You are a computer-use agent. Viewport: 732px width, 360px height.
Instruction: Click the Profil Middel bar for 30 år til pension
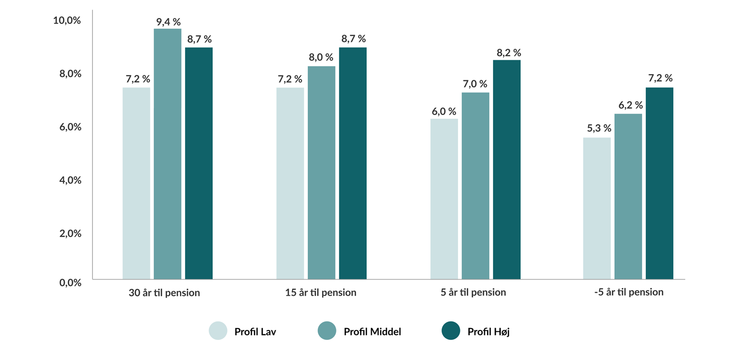pyautogui.click(x=167, y=154)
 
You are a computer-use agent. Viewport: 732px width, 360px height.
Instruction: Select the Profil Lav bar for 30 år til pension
pyautogui.click(x=136, y=183)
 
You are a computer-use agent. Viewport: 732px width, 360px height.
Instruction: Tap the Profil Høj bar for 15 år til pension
pyautogui.click(x=353, y=163)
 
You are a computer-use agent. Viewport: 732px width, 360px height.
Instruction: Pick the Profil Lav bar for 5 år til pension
pyautogui.click(x=444, y=199)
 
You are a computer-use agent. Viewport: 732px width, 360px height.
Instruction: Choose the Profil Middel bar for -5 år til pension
pyautogui.click(x=628, y=196)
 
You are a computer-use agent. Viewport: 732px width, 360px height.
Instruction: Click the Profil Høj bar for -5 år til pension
pyautogui.click(x=659, y=183)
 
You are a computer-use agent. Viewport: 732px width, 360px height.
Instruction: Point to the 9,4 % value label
pyautogui.click(x=168, y=21)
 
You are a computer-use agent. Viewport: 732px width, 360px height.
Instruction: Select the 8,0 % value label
pyautogui.click(x=321, y=57)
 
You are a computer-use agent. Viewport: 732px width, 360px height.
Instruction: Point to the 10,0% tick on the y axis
pyautogui.click(x=67, y=21)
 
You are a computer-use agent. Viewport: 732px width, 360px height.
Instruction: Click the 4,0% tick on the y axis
pyautogui.click(x=70, y=180)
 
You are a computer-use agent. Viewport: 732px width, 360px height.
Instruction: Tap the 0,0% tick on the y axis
pyautogui.click(x=70, y=283)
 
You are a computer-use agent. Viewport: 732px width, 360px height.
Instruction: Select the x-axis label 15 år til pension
pyautogui.click(x=321, y=293)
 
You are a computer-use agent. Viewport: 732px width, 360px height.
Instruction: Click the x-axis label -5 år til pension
pyautogui.click(x=628, y=292)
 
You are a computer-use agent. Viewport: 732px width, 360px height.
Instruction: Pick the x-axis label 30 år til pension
pyautogui.click(x=164, y=293)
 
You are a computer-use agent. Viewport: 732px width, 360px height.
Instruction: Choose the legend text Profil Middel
pyautogui.click(x=372, y=332)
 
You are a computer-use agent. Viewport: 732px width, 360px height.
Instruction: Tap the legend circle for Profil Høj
pyautogui.click(x=451, y=331)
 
